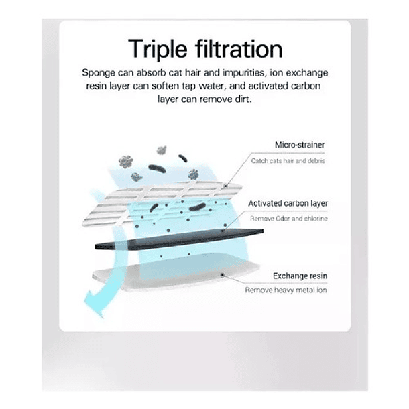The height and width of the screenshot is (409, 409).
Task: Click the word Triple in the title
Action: pos(158,49)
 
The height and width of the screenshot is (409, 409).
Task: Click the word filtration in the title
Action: pos(239,48)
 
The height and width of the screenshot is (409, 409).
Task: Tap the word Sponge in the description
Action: pos(99,73)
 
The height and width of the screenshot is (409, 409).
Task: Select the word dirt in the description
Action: pos(243,99)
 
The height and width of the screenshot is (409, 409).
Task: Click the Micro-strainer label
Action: pos(300,145)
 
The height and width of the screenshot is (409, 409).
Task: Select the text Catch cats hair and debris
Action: pos(288,161)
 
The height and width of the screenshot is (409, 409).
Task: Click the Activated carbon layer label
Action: pos(288,203)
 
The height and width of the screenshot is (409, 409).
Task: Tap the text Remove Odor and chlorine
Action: pos(289,219)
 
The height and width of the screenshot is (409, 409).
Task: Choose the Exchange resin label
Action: pos(300,276)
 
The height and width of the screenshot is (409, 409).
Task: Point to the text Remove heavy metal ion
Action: pos(286,290)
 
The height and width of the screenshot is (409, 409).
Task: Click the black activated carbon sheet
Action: pos(179,239)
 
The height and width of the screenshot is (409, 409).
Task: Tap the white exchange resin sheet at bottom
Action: pos(176,276)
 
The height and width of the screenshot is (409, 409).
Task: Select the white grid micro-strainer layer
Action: pos(162,203)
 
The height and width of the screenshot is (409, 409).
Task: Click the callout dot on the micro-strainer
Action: pos(225,186)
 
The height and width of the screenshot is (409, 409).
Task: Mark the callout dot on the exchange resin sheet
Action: pos(222,275)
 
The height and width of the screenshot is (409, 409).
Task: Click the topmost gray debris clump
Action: pos(162,150)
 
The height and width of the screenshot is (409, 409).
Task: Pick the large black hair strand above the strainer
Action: pos(157,168)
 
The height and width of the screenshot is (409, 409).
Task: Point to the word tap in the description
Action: pos(188,86)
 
